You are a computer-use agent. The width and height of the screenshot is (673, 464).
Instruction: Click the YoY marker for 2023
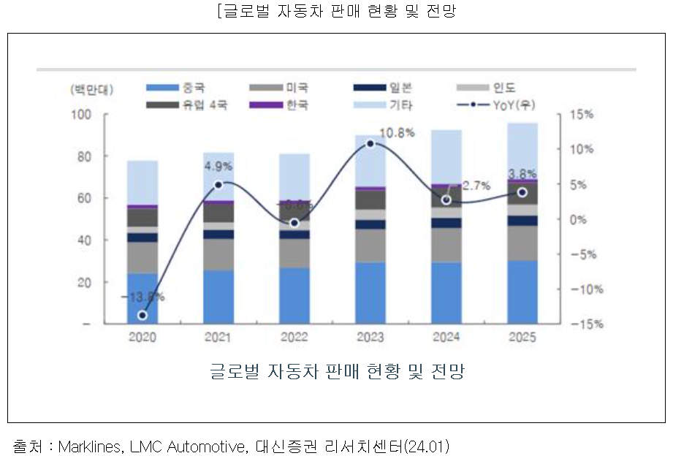[x=370, y=143]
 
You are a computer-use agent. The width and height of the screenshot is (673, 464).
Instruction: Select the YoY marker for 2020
[x=142, y=316]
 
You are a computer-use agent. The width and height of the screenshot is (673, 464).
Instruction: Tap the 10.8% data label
[x=398, y=133]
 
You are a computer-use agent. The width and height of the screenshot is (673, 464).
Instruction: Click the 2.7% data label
[x=476, y=186]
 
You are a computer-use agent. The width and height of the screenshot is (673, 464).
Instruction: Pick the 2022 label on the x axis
[x=294, y=338]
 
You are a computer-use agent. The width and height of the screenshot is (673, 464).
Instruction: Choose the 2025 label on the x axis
[x=522, y=338]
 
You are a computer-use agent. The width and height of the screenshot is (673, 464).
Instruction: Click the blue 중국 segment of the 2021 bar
[x=218, y=297]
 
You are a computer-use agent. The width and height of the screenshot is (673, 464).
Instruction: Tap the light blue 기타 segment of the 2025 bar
[x=522, y=150]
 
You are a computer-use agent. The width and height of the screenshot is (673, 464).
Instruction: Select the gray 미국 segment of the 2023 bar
[x=370, y=246]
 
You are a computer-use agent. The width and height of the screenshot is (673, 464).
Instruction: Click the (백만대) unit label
[x=92, y=88]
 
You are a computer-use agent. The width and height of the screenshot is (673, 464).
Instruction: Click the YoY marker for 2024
[x=446, y=199]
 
